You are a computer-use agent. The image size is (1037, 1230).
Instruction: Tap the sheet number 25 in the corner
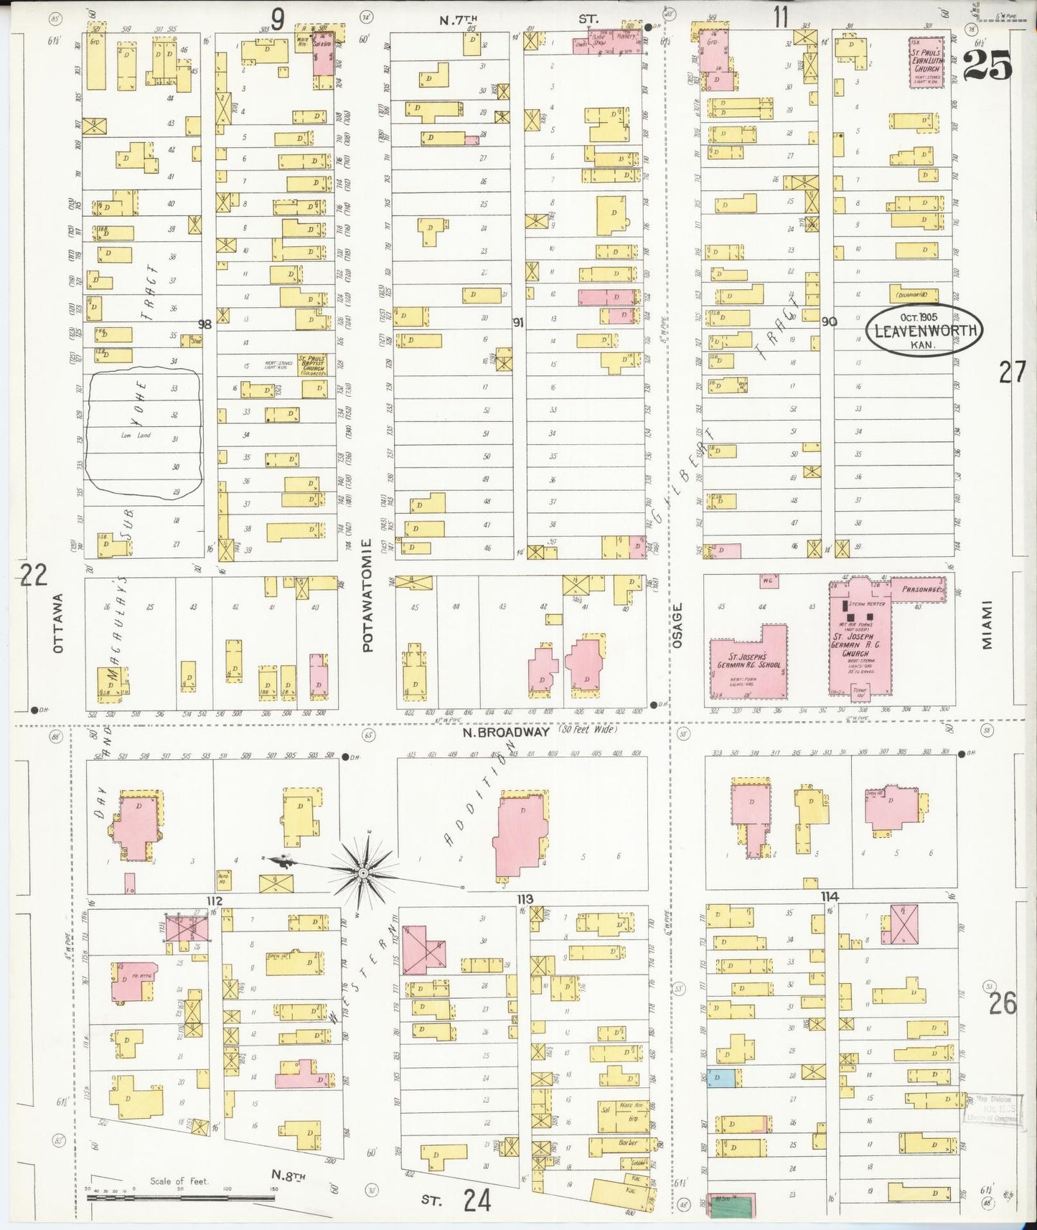[x=987, y=66]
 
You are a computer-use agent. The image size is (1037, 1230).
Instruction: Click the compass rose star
[x=363, y=872]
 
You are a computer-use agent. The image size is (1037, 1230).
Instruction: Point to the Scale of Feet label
[x=179, y=1180]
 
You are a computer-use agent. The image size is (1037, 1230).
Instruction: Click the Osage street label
[x=677, y=626]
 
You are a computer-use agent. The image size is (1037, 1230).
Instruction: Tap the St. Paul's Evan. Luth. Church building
[x=925, y=62]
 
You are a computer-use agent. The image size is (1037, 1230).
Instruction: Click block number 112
[x=214, y=901]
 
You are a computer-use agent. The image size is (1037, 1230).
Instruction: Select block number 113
[x=525, y=899]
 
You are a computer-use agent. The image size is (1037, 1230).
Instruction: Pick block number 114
[x=830, y=896]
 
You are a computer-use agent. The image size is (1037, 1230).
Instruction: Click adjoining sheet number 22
[x=33, y=575]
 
